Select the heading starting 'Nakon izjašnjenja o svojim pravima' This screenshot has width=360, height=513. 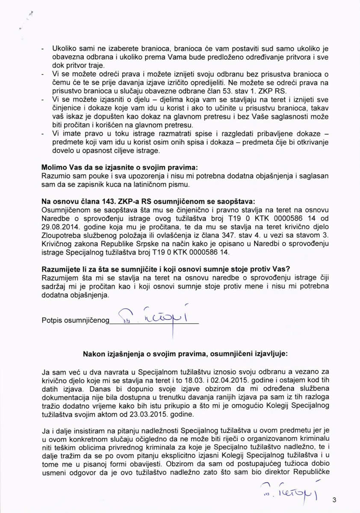click(x=186, y=354)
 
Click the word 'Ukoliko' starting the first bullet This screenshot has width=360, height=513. click(x=64, y=49)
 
